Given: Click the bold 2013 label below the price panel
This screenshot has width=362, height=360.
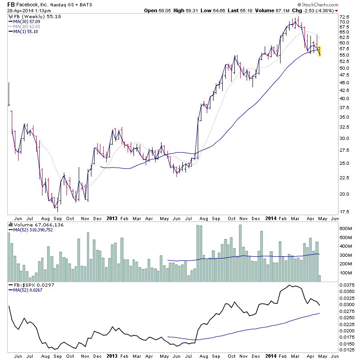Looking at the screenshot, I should tap(112, 218).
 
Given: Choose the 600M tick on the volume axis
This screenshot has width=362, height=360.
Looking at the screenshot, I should tap(347, 228).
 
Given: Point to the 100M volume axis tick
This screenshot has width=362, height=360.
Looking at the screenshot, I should tap(347, 273).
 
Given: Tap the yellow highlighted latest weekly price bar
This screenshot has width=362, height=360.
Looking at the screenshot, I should tap(319, 51).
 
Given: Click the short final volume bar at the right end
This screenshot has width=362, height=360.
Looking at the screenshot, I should tap(320, 278).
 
